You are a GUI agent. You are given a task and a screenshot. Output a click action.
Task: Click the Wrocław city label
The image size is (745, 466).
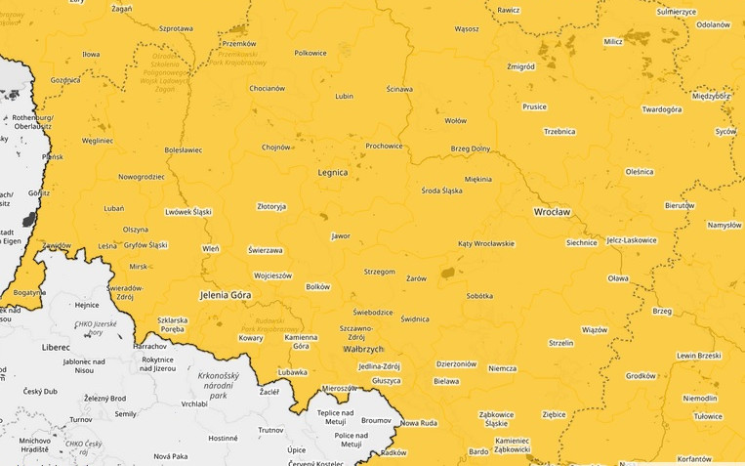click(x=552, y=211)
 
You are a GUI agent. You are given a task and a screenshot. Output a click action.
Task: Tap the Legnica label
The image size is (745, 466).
click(x=332, y=172)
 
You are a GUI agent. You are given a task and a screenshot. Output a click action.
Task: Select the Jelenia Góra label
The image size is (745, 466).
click(x=226, y=294)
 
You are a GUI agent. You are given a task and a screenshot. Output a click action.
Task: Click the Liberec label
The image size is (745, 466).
click(x=55, y=347)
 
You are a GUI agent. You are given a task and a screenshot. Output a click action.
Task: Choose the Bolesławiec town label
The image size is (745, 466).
click(x=183, y=150)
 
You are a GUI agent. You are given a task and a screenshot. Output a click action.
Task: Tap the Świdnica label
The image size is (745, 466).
click(x=414, y=319)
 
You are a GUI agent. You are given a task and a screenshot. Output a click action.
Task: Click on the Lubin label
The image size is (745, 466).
click(x=344, y=97)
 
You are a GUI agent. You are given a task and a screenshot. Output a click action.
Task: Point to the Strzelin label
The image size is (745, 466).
click(x=560, y=343)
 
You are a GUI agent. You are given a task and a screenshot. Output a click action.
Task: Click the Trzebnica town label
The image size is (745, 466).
click(x=559, y=131)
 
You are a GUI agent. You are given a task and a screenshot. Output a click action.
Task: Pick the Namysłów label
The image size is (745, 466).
click(x=724, y=225)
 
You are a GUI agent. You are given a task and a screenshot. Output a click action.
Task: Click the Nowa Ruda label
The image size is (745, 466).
click(x=418, y=423)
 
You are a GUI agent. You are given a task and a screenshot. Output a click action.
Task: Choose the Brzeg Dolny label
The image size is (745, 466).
click(x=470, y=148)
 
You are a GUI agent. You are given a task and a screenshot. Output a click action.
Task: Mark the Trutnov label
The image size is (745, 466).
click(x=269, y=430)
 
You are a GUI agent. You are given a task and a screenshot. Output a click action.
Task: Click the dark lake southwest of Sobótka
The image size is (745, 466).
click(x=448, y=274)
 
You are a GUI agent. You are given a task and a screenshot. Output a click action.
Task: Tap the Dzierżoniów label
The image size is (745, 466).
click(x=456, y=363)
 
